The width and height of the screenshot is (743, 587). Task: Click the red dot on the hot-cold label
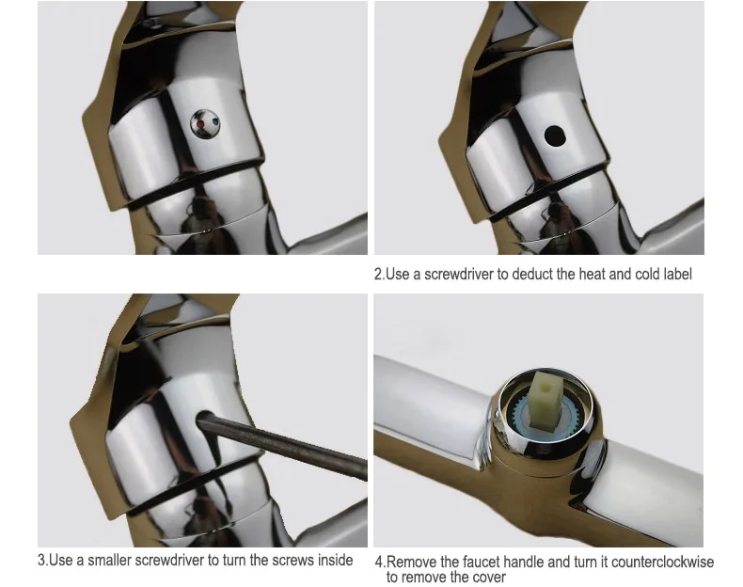[x=200, y=123]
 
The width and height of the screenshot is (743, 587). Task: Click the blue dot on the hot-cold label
[x=215, y=120]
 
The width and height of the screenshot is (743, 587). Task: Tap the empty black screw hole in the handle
[x=555, y=136]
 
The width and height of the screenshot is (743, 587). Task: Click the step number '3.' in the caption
[x=43, y=560]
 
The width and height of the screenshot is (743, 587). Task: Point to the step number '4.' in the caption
[x=381, y=562]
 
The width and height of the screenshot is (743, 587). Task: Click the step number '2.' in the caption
[x=380, y=274]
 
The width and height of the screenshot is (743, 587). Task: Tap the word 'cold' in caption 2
[x=645, y=274]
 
